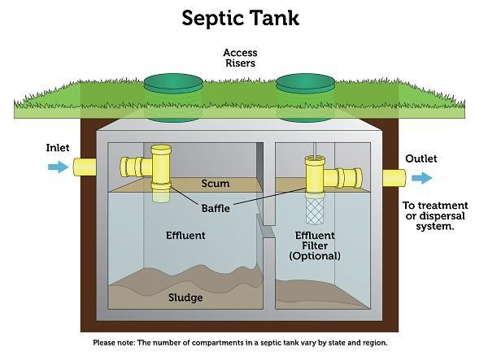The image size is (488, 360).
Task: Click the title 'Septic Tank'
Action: coord(240,18)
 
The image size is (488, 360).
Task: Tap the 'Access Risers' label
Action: coord(240,59)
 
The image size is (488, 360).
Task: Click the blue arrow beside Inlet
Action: coord(58,167)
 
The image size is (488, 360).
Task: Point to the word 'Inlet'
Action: coord(58,149)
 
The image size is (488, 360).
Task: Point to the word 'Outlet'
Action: coord(421,159)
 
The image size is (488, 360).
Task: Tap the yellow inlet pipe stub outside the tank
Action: coord(85,167)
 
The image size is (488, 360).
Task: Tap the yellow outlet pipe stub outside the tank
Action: coord(394,178)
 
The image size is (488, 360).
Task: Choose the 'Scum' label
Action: coord(215,184)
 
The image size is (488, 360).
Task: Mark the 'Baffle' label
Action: coord(216,208)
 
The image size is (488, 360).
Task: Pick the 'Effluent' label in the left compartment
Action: coord(185,236)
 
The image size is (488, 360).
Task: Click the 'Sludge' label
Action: coord(185,297)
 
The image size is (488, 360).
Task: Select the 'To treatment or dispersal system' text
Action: coord(429,215)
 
